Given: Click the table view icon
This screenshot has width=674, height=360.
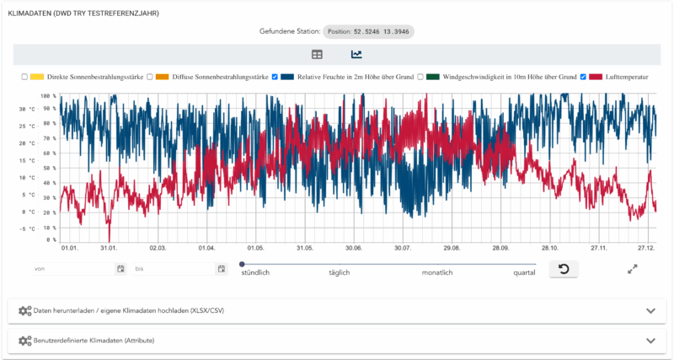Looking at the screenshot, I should point(317,55).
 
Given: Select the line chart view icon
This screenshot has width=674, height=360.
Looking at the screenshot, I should point(356,55).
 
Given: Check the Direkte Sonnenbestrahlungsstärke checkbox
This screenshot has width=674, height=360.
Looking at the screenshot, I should point(25,77).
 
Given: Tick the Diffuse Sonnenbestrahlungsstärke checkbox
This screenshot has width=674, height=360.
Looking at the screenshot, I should point(149,77).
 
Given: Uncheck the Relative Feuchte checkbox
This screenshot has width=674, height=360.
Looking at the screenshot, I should point(275,77).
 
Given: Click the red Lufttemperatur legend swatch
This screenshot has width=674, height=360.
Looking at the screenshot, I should point(597,77).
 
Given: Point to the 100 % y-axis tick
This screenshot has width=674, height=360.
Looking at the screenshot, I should point(48,96).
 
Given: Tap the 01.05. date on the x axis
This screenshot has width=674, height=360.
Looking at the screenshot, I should point(255,248).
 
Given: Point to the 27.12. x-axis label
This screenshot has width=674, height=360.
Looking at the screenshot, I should point(646,248).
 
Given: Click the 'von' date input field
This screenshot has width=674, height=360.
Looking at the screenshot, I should point(72,269).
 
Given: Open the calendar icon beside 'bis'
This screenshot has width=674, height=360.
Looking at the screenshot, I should point(222,269).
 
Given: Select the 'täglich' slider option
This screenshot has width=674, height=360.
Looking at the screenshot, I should point(339,273).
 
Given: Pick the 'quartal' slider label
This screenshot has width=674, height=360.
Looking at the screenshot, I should point(523,273).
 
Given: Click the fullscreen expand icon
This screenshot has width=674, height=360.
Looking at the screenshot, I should point(633,269).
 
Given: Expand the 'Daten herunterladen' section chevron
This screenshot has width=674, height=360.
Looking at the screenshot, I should point(650,310).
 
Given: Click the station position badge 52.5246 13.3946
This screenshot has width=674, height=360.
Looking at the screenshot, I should point(368,31).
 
